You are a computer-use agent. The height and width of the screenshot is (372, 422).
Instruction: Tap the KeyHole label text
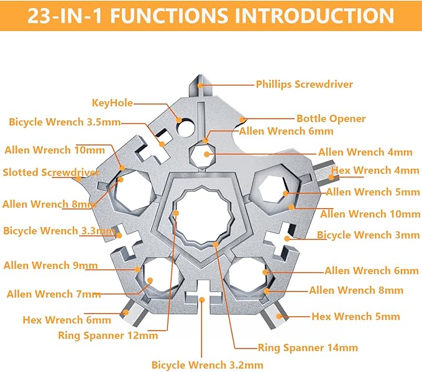[112, 103]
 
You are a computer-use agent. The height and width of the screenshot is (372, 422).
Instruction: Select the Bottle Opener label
[331, 118]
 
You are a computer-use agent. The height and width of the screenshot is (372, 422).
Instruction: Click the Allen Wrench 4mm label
[365, 152]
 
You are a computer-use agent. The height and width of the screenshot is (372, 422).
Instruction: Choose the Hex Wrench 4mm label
[375, 170]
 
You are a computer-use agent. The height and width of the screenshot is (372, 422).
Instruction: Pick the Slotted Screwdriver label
[51, 172]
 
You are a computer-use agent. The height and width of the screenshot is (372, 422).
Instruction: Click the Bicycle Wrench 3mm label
[369, 235]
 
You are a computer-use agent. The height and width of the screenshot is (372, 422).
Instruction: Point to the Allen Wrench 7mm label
[53, 294]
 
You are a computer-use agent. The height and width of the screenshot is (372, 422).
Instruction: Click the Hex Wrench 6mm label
[67, 320]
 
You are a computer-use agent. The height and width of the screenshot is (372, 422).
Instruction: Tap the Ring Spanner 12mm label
[108, 335]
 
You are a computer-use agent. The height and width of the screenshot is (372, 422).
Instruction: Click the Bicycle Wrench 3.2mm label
[207, 365]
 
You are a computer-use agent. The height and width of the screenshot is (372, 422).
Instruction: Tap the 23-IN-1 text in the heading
[62, 15]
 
